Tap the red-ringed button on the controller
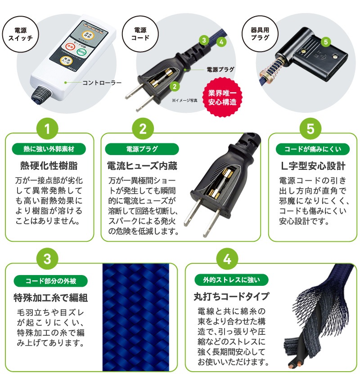pyautogui.click(x=70, y=47)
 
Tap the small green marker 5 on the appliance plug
pyautogui.click(x=327, y=41)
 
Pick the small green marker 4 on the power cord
pyautogui.click(x=220, y=42)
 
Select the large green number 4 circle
pyautogui.click(x=227, y=260)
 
